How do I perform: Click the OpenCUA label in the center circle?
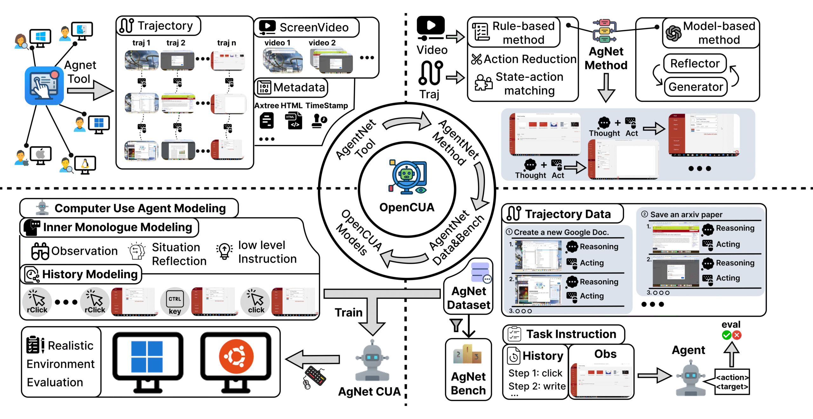406,207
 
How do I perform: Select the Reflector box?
695,63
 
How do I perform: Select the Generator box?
695,87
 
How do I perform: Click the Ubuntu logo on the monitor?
236,356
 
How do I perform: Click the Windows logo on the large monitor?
147,356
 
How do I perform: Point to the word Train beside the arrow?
348,312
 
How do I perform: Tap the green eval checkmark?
726,335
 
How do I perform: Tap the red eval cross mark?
737,335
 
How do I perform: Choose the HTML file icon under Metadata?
293,121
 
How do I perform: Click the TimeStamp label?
326,105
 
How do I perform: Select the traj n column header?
226,43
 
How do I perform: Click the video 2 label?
322,43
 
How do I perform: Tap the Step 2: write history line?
537,386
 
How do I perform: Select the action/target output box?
732,382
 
